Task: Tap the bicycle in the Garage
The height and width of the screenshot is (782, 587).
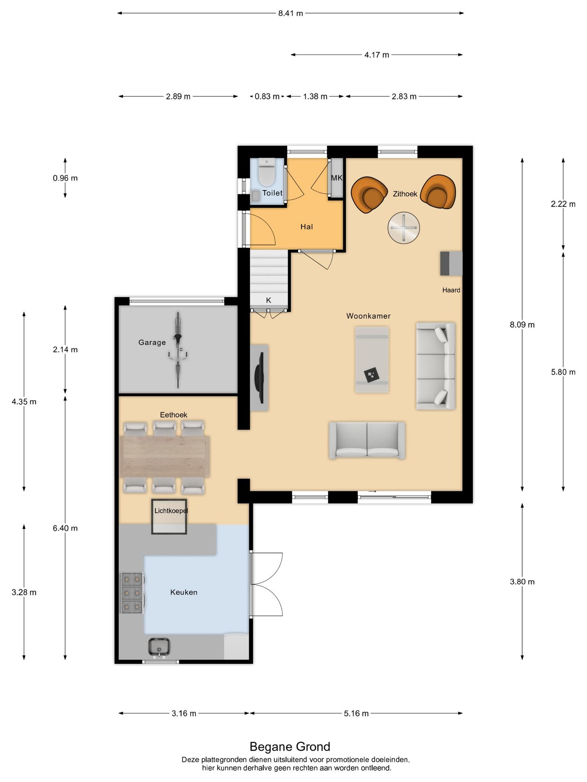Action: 178,350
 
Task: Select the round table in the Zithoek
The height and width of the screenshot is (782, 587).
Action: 404,228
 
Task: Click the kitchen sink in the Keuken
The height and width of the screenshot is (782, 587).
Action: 159,648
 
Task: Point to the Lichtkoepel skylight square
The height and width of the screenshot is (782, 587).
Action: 169,516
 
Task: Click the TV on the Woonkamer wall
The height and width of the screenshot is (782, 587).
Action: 261,378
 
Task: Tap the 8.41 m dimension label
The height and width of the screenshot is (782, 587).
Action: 290,13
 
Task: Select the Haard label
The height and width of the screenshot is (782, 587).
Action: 451,290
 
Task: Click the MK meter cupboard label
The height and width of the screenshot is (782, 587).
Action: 337,178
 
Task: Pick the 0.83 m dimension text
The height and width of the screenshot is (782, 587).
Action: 267,97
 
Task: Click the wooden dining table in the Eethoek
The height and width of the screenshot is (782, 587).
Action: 165,457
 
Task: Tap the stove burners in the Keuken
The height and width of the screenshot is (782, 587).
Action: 132,593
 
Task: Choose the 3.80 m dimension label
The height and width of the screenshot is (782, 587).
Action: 522,582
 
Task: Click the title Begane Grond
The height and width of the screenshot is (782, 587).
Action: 290,746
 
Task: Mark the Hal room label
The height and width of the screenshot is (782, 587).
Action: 306,227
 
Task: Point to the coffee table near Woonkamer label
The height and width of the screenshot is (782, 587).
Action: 372,359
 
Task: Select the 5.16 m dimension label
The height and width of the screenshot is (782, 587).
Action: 356,713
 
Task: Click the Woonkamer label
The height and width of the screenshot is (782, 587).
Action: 368,316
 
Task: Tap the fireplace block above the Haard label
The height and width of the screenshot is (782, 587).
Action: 451,263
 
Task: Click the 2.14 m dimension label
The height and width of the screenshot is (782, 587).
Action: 65,349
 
